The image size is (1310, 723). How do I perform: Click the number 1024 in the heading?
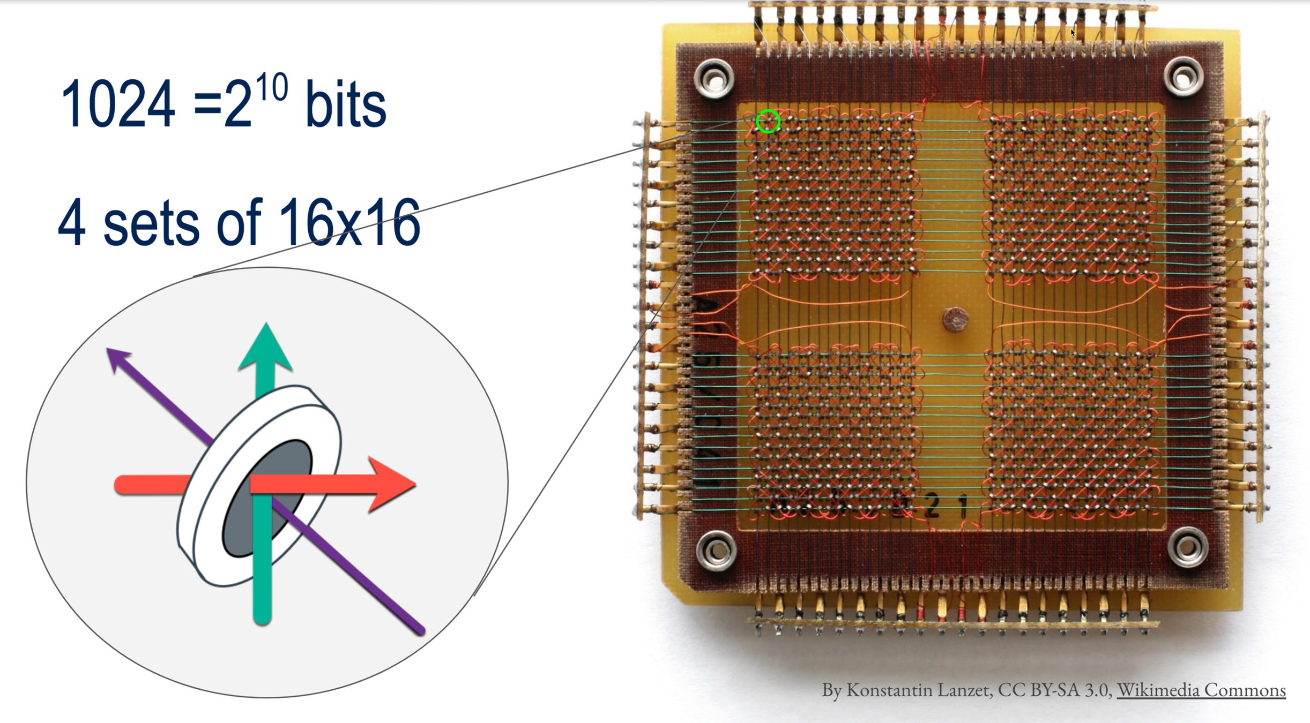[x=118, y=104]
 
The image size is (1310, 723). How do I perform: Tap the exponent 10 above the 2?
[x=272, y=87]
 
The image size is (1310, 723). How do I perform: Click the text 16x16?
[x=349, y=223]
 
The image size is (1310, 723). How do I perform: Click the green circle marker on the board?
[x=768, y=122]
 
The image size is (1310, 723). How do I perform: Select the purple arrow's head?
[x=117, y=359]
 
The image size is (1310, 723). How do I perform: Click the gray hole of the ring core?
[x=268, y=498]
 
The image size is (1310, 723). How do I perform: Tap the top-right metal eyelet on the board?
[x=1184, y=78]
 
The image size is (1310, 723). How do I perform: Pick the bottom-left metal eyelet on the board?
[x=716, y=550]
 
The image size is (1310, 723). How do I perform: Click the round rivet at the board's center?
[x=955, y=320]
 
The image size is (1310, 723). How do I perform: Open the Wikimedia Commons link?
[x=1201, y=690]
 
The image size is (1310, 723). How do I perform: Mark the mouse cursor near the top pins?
[x=1073, y=32]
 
